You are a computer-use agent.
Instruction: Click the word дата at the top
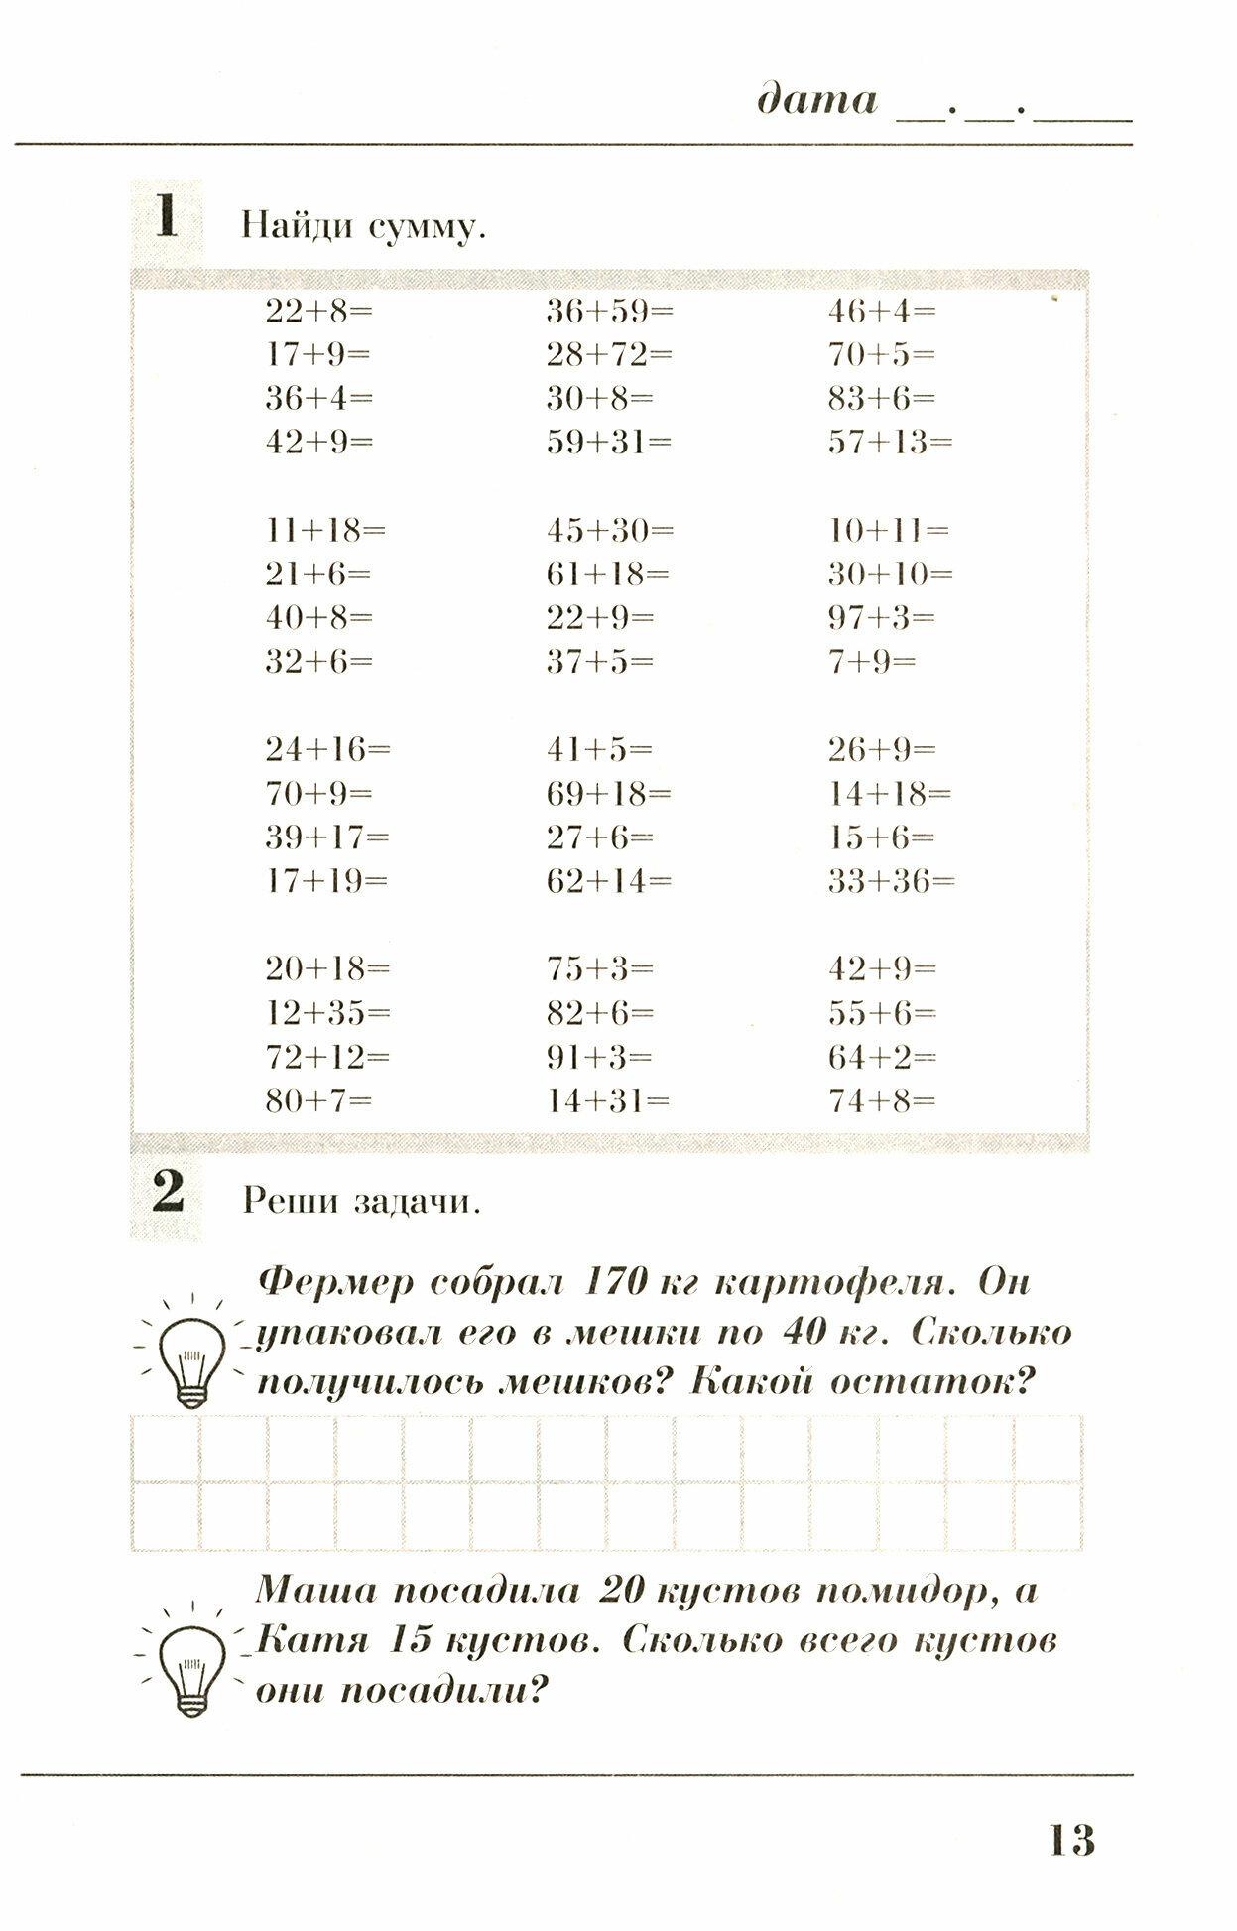tap(817, 100)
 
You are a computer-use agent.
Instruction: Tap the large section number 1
tap(166, 217)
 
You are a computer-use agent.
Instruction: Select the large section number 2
tap(167, 1193)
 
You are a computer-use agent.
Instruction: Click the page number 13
tap(1071, 1841)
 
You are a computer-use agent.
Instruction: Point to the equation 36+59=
tap(609, 312)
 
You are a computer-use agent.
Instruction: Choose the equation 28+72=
tap(609, 355)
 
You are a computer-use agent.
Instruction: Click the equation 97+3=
tap(882, 618)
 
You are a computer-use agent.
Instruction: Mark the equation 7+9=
tap(872, 662)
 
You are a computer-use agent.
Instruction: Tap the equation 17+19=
tap(326, 881)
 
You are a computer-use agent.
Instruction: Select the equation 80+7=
tap(317, 1100)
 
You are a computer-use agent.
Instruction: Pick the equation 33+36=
tap(891, 881)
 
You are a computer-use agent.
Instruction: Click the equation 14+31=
tap(608, 1100)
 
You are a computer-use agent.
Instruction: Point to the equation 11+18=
tap(324, 531)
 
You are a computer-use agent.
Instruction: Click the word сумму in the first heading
tap(427, 227)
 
